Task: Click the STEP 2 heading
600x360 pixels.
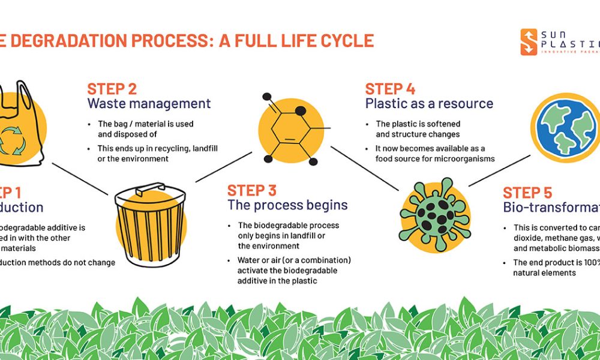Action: pyautogui.click(x=112, y=89)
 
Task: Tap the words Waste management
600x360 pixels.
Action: pyautogui.click(x=149, y=103)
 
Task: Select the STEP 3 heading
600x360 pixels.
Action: pyautogui.click(x=251, y=191)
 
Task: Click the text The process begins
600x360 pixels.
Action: pyautogui.click(x=287, y=205)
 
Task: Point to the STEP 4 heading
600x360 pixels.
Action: pyautogui.click(x=390, y=89)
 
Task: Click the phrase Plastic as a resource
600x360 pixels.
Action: pyautogui.click(x=429, y=103)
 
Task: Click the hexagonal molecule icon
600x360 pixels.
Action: pyautogui.click(x=292, y=128)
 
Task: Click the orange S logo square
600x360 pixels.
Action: pyautogui.click(x=529, y=42)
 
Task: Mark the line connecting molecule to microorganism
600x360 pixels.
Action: pyautogui.click(x=365, y=169)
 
